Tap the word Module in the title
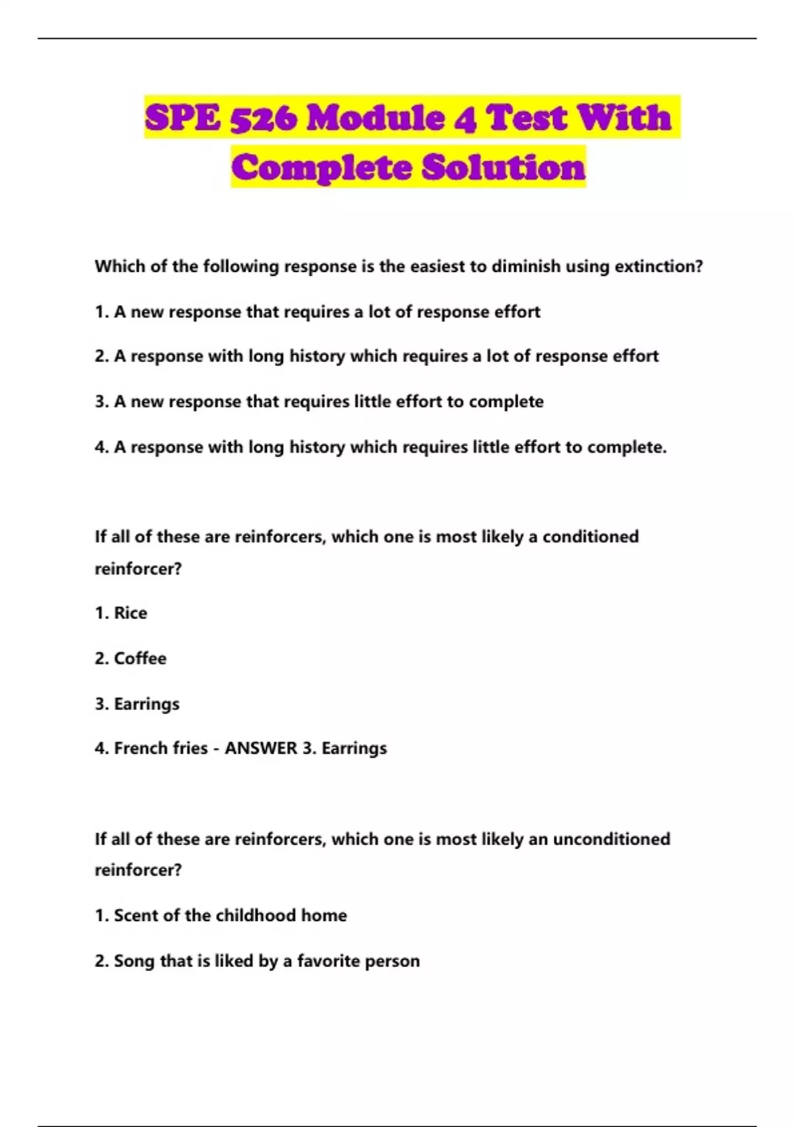375,118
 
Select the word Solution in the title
503,167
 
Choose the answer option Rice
131,613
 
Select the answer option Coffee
140,658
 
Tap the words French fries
161,748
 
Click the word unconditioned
611,839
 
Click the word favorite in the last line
328,961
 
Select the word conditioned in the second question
590,537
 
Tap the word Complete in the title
323,167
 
